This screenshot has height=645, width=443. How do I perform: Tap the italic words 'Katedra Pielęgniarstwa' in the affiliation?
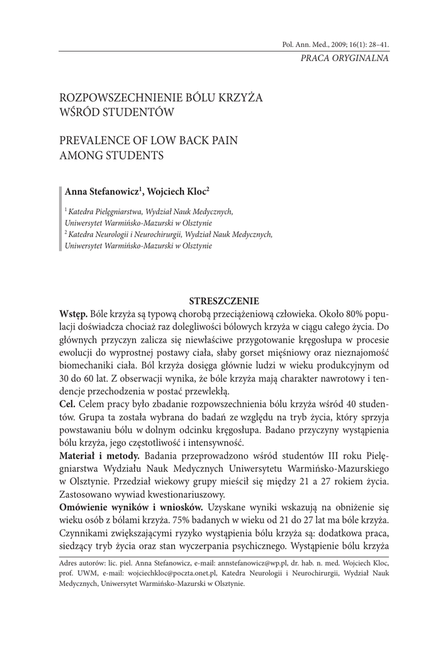(x=103, y=212)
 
